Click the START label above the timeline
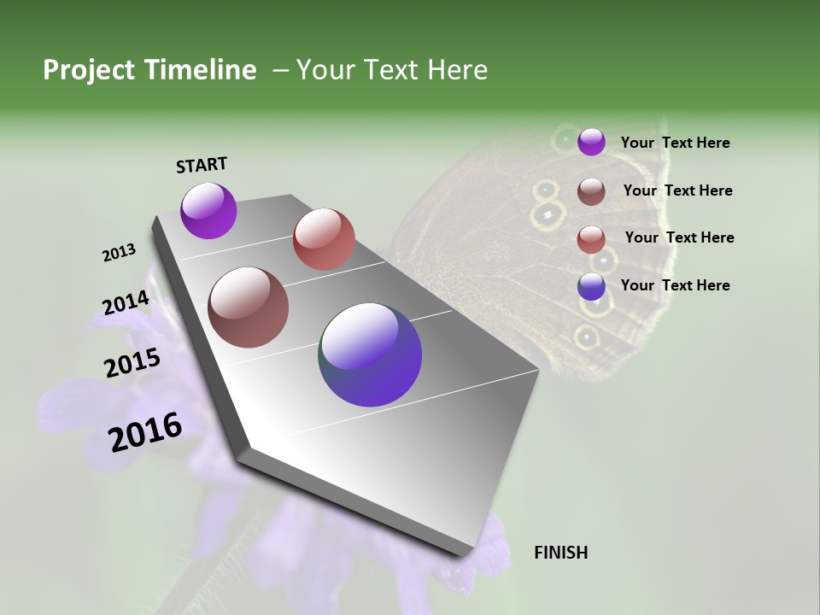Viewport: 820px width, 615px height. pos(202,165)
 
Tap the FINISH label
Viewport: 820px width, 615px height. pos(560,553)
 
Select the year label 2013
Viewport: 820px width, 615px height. pos(119,253)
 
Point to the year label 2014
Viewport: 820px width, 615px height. pos(126,303)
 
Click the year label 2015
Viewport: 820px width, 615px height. pos(132,363)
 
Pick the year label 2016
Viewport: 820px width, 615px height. pos(145,432)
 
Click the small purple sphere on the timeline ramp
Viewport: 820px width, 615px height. pos(208,210)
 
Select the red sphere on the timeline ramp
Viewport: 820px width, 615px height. pos(324,239)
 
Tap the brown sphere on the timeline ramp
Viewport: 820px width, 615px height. pos(249,307)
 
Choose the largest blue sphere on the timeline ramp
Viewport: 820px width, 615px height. pos(370,354)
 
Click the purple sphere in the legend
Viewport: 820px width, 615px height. pos(591,142)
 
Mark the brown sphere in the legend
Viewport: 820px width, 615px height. pos(591,191)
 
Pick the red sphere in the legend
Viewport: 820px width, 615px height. pos(591,239)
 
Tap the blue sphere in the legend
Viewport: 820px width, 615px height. pos(591,286)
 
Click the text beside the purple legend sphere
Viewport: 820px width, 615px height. pos(675,143)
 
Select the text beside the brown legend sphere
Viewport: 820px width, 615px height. pos(677,190)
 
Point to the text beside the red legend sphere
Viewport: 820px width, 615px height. pos(679,237)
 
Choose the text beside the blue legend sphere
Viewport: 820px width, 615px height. pos(675,285)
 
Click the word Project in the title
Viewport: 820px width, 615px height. pos(90,70)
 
